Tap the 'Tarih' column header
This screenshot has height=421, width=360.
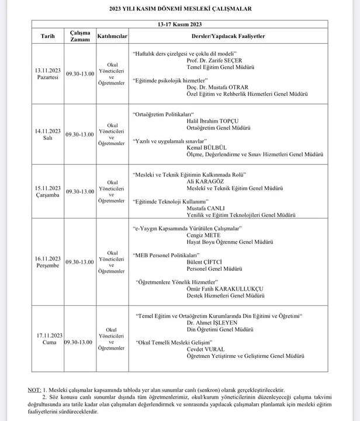click(x=47, y=36)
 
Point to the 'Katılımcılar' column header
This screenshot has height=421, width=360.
click(x=112, y=36)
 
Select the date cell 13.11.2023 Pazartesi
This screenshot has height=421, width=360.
click(x=47, y=73)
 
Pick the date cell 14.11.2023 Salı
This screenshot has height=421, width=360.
click(x=47, y=134)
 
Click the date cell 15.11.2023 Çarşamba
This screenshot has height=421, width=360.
click(x=47, y=191)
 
